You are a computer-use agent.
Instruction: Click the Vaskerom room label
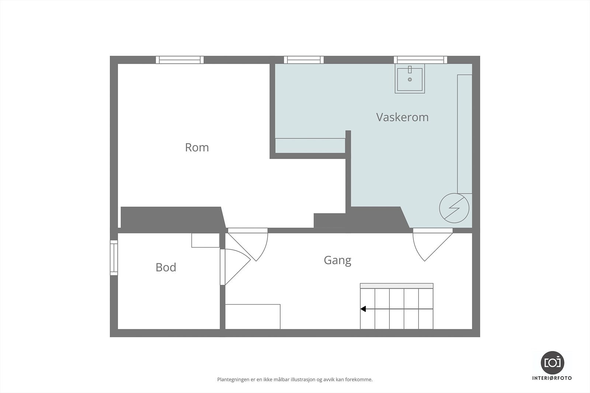click(402, 117)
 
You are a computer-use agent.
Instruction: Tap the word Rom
click(197, 147)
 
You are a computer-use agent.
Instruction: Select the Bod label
click(166, 267)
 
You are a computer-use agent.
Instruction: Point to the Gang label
click(337, 260)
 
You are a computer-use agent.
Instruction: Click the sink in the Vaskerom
click(410, 79)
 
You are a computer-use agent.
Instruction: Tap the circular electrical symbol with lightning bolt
click(454, 208)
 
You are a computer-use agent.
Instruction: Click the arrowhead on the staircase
click(363, 309)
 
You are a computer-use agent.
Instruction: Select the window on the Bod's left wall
click(114, 257)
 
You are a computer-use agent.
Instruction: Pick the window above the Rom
click(180, 60)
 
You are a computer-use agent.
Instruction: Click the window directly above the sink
click(420, 60)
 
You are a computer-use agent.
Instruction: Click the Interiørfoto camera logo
click(552, 362)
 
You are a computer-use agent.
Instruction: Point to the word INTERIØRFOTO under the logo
click(552, 378)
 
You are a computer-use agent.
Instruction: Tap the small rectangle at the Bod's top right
click(205, 240)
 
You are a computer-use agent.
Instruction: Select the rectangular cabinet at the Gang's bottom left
click(253, 316)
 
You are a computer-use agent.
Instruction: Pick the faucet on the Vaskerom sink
click(410, 70)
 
